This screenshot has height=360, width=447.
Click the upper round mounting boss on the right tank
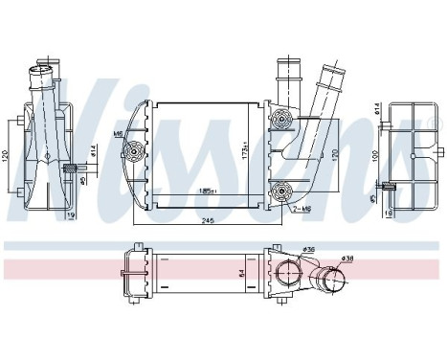tap(282, 118)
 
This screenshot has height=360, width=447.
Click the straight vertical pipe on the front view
tap(285, 81)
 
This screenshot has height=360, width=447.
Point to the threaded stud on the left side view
tap(69, 169)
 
